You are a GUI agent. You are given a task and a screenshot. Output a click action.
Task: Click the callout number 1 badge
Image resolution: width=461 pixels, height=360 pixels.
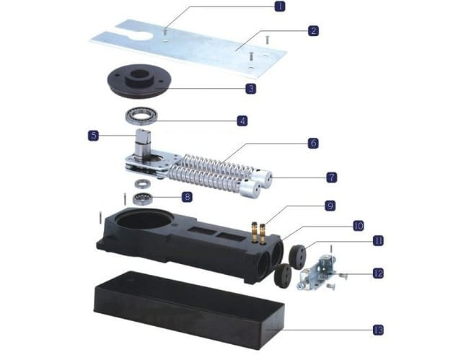[280, 6]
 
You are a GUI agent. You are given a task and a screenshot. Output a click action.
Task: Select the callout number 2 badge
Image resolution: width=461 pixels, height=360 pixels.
[313, 30]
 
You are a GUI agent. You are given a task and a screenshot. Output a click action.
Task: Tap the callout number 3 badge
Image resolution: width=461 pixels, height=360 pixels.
[251, 88]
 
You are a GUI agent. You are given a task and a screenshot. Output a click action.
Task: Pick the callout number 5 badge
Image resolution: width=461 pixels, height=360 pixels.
[94, 136]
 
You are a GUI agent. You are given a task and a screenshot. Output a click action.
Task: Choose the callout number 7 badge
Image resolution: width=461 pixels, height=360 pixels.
[332, 177]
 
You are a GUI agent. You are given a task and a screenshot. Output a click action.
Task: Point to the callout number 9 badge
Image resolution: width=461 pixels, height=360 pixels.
[330, 206]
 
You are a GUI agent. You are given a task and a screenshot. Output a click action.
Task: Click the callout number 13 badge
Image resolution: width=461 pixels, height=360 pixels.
[378, 330]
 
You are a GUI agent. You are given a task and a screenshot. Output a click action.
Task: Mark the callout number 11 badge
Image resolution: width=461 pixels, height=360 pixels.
[378, 241]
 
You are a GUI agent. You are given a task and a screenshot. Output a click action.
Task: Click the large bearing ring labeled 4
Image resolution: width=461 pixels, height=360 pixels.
[141, 115]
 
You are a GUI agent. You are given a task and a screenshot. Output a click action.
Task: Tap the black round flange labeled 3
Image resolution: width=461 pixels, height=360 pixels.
[139, 81]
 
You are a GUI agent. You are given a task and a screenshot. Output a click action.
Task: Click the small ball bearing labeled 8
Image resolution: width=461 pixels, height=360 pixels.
[143, 199]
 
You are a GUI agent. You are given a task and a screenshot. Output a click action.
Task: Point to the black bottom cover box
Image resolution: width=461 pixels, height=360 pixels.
[189, 310]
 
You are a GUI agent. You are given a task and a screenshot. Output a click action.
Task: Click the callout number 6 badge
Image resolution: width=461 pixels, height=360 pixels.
[313, 144]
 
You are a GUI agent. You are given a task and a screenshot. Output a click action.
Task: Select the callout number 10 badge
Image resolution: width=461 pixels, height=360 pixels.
[358, 226]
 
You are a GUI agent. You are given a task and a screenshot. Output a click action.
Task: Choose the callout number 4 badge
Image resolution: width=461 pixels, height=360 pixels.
[242, 120]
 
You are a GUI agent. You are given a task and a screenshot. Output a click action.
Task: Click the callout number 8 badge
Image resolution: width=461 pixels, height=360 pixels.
[188, 196]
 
